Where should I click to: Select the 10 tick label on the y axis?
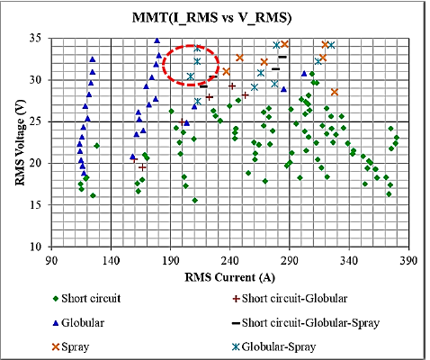coord(39,246)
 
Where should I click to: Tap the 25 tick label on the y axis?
coord(39,121)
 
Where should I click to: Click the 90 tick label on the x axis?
coord(51,259)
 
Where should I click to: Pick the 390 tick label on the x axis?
coord(409,259)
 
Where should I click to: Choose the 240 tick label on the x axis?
coord(230,259)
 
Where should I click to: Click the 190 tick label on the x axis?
coord(171,259)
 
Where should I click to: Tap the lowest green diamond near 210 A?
coord(194,200)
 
